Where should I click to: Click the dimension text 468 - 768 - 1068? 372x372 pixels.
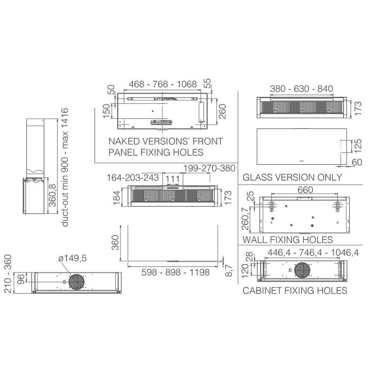[163, 84]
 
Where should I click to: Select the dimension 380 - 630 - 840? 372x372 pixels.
[301, 89]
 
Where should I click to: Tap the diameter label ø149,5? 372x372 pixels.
[73, 258]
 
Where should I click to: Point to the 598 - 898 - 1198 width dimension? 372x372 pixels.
[175, 272]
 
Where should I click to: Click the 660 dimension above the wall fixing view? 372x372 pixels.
[305, 190]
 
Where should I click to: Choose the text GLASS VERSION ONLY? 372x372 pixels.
[292, 177]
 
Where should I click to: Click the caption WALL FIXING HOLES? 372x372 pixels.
[288, 240]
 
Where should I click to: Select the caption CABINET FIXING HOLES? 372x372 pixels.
[295, 290]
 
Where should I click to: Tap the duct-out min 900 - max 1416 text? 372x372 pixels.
[65, 167]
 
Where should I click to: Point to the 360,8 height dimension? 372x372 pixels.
[53, 195]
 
